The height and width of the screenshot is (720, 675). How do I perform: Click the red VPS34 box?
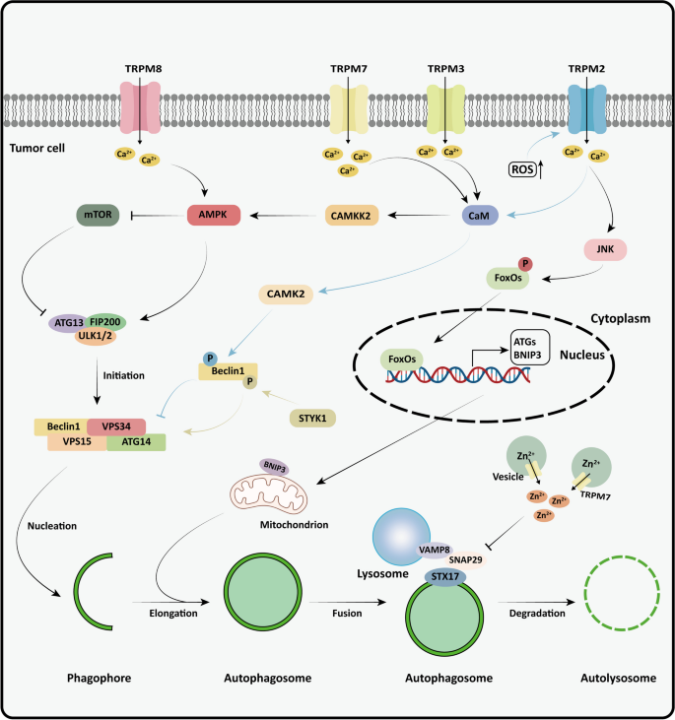[116, 425]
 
